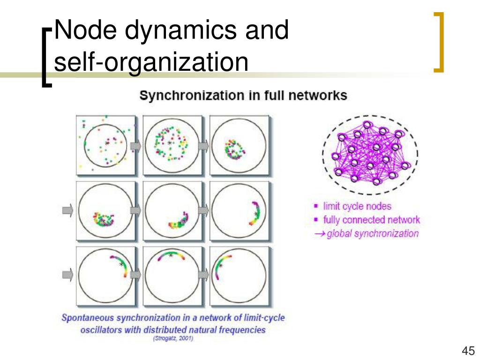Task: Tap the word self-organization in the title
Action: pyautogui.click(x=150, y=62)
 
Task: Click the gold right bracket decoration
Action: pyautogui.click(x=439, y=42)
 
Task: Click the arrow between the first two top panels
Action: pyautogui.click(x=136, y=147)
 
